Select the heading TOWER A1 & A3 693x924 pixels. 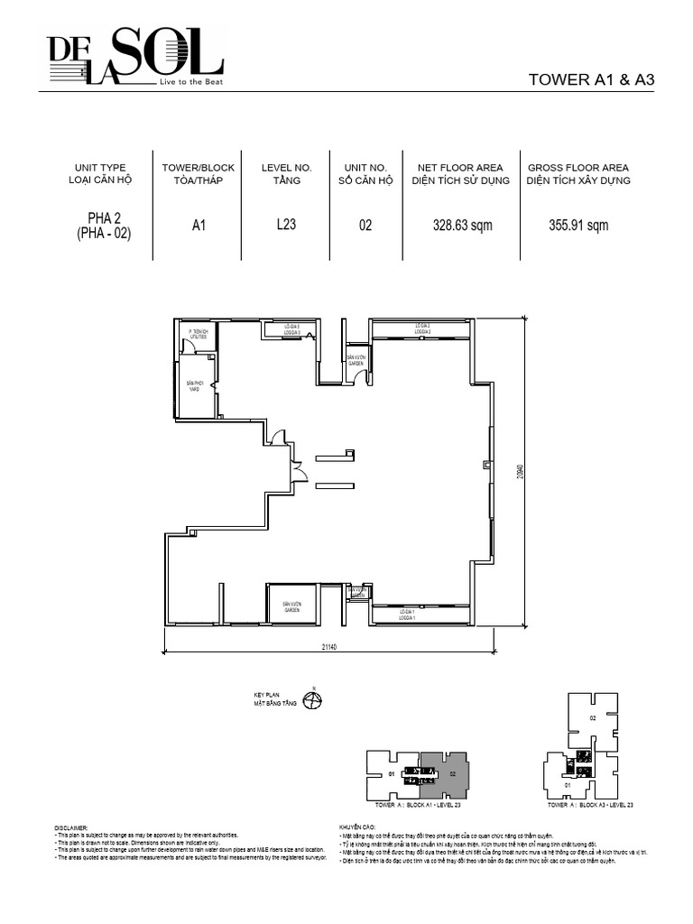(590, 79)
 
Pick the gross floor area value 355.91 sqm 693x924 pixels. (577, 226)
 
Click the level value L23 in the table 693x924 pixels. (286, 226)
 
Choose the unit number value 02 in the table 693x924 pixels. (365, 226)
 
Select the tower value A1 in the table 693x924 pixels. (199, 226)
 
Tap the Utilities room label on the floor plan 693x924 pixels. (198, 335)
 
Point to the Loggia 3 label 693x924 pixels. (291, 329)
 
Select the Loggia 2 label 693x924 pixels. (422, 329)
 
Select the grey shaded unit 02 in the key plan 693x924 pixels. (448, 773)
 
